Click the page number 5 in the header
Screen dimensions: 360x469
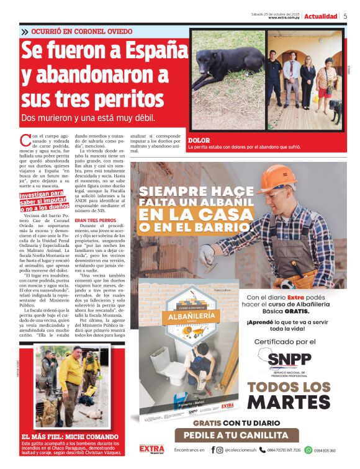(345, 16)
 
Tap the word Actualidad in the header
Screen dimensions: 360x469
(321, 16)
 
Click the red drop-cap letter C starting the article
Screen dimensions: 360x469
(25, 140)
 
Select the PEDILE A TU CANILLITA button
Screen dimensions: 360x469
(236, 435)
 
